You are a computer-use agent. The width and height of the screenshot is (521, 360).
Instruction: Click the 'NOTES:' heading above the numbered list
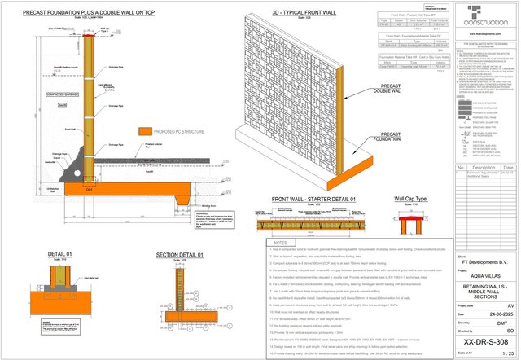279,242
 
